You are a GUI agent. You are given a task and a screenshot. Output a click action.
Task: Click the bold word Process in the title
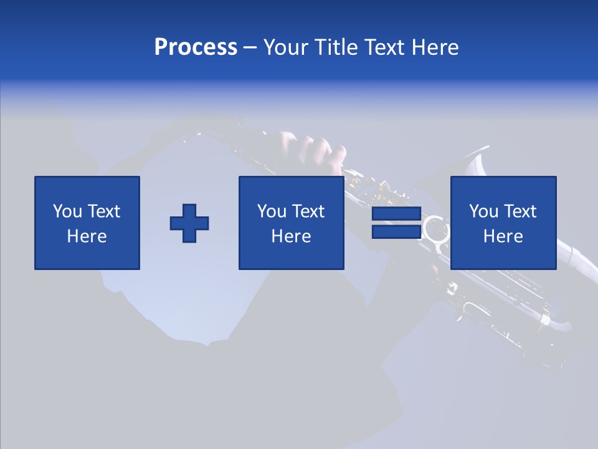pos(196,47)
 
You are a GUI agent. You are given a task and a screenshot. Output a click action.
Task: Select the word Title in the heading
pos(337,47)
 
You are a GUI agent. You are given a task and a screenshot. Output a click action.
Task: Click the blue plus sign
pos(189,223)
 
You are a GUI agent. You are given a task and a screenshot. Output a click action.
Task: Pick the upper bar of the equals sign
pos(396,214)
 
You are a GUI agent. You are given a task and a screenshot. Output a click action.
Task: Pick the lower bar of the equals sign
pos(396,232)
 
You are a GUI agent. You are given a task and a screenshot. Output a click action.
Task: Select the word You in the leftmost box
pos(67,211)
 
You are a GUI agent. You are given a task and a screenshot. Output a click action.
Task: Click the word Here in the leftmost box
pos(87,236)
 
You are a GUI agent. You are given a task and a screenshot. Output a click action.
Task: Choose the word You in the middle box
pos(272,211)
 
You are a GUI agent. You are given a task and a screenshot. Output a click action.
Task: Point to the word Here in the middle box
pos(291,236)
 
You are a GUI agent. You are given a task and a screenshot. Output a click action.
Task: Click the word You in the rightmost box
pos(483,211)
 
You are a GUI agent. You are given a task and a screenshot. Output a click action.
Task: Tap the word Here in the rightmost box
pos(503,236)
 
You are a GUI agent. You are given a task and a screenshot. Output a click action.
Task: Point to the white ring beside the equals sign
pos(435,229)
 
